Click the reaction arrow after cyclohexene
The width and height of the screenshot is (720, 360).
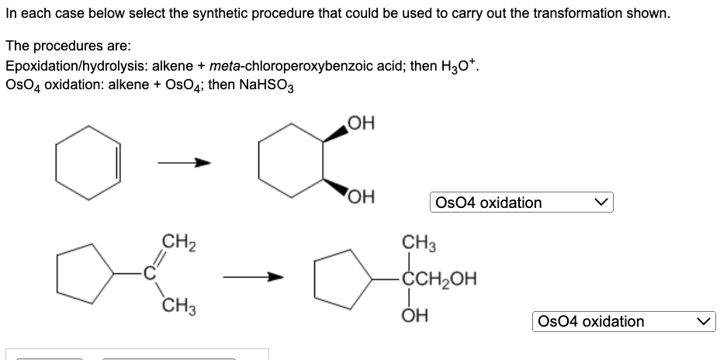pyautogui.click(x=184, y=163)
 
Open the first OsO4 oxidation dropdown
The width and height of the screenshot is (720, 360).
pyautogui.click(x=520, y=202)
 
